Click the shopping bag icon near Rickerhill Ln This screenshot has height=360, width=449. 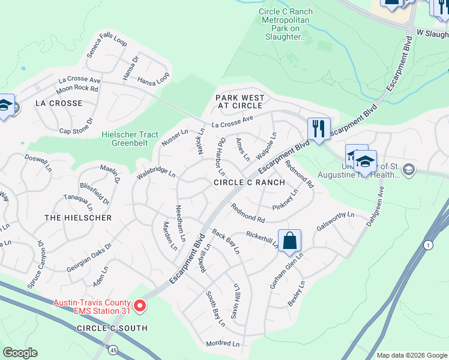(289, 241)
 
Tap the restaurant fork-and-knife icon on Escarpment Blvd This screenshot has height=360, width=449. (318, 128)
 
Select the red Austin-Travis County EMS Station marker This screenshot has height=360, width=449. (140, 306)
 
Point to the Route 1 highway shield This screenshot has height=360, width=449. (428, 245)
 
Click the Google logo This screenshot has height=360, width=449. (20, 353)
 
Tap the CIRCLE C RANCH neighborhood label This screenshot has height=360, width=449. (250, 182)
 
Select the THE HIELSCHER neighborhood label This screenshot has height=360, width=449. (78, 218)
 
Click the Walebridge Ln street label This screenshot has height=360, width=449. (156, 173)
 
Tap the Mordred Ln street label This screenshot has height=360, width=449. (223, 344)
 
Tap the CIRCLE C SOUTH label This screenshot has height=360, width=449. (112, 328)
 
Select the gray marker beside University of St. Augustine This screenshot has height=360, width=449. (408, 169)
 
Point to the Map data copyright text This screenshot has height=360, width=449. (411, 355)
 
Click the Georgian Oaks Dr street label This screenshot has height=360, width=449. (89, 258)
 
